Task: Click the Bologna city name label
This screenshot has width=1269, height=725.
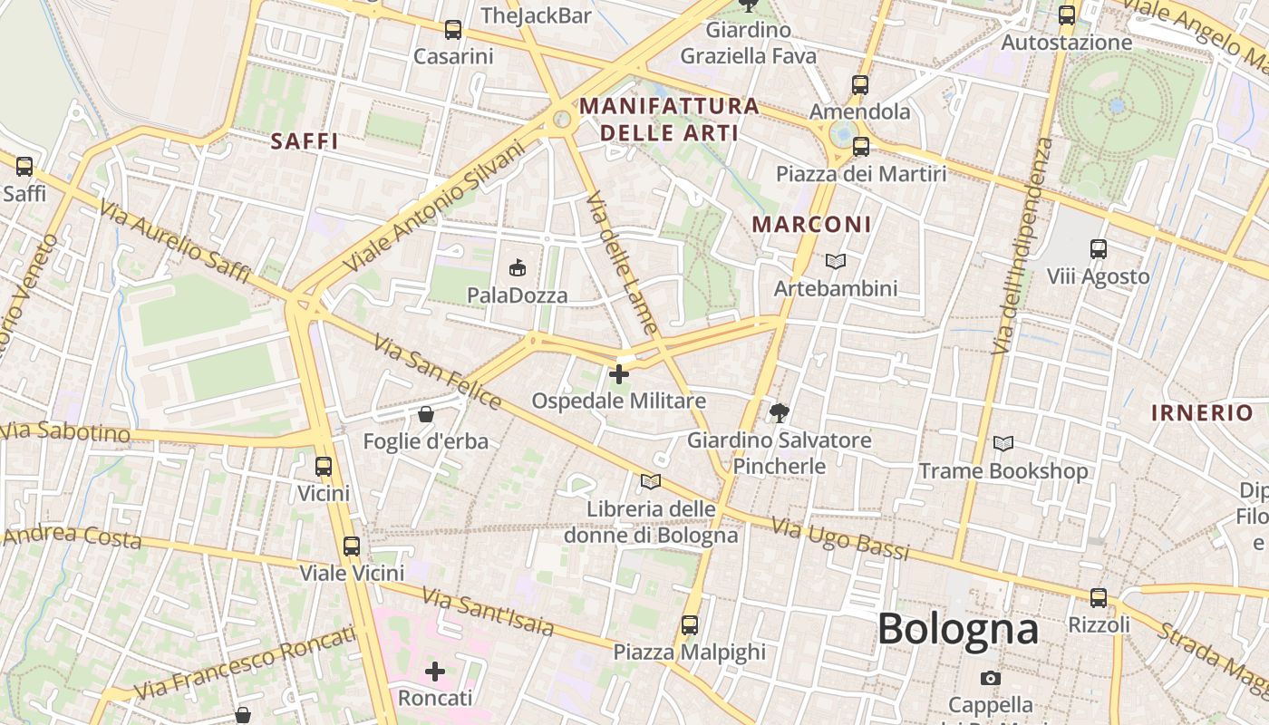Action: point(957,629)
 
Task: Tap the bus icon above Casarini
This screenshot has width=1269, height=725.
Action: point(453,30)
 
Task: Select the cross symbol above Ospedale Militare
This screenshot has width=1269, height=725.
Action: point(619,373)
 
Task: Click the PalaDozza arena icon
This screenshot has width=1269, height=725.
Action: point(518,267)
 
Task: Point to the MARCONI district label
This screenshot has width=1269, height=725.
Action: point(812,224)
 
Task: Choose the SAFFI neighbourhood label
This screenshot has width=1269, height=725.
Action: point(305,141)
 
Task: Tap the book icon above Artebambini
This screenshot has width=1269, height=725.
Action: point(836,261)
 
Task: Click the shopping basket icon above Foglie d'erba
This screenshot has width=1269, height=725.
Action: point(425,415)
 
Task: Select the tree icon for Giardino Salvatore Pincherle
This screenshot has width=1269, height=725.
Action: point(779,413)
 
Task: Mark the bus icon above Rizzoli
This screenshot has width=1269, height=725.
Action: point(1099,598)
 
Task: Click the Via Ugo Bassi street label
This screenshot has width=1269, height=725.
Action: point(840,538)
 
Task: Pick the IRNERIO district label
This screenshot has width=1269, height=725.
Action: point(1201,413)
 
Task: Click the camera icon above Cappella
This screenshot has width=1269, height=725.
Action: point(991,678)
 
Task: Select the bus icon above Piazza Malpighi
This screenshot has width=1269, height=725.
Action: point(690,625)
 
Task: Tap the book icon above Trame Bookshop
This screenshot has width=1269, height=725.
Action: point(1003,443)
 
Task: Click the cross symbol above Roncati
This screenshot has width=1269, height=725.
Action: point(435,672)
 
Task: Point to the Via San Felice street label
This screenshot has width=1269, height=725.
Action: point(437,372)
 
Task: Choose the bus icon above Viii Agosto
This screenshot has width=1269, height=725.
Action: point(1099,248)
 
